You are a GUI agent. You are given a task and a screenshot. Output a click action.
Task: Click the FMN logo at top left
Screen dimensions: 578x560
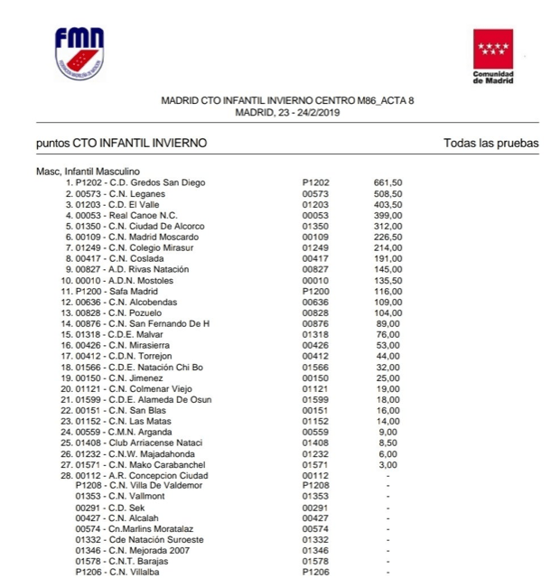79,53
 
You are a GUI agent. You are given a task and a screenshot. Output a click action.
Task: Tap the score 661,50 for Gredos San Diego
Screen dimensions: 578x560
387,182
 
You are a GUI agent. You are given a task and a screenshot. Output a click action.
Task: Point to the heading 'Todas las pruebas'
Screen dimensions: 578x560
490,143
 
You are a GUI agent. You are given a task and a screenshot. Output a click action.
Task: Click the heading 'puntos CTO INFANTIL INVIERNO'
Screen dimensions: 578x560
121,143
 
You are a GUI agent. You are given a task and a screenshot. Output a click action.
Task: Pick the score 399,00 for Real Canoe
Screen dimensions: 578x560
387,215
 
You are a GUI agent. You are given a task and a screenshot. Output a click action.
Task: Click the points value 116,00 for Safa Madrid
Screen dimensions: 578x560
387,291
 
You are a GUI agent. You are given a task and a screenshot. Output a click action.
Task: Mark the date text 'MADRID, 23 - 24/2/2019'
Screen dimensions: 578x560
286,112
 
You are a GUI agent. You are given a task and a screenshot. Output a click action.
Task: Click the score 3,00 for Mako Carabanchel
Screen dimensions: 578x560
387,464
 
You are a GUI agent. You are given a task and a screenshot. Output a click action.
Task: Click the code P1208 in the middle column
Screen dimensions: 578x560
315,485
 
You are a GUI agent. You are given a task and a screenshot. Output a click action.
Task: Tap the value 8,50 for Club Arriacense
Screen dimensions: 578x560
387,443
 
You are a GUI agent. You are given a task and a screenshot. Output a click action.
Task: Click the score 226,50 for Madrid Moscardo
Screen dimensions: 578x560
387,237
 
